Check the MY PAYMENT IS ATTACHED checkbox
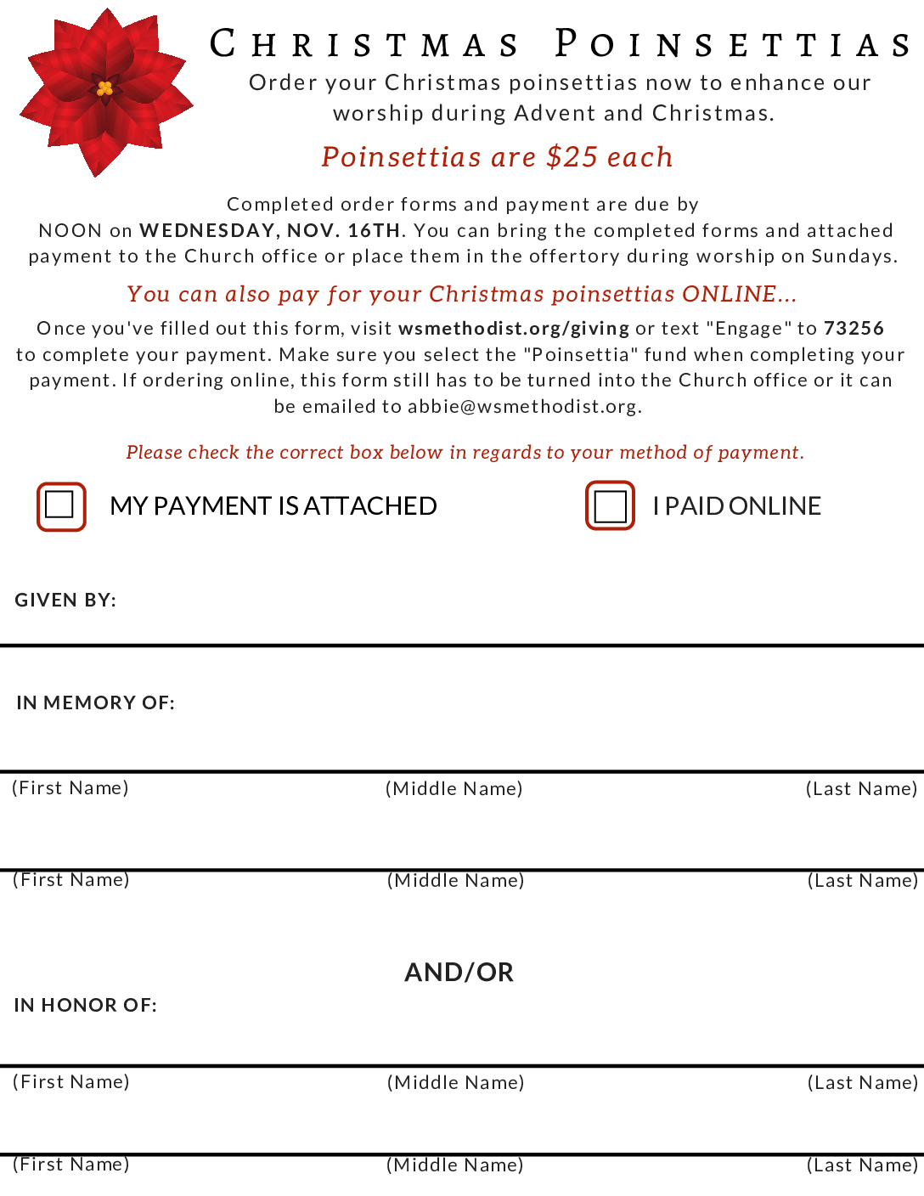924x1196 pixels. coord(60,506)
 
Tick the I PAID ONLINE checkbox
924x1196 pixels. coord(610,506)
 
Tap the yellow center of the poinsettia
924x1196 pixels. coord(104,87)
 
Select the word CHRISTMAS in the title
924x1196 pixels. coord(365,44)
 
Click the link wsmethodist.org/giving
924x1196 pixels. coord(514,328)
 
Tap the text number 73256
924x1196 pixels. coord(854,328)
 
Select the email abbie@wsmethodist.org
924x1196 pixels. coord(522,406)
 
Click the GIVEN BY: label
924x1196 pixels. coord(65,600)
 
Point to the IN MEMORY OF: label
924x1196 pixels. coord(95,702)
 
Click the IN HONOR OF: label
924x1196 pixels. coord(85,1005)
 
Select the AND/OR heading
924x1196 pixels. coord(459,972)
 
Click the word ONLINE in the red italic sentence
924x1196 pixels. coord(729,294)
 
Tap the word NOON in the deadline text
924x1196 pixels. coord(70,230)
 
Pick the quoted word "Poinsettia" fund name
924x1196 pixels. coord(581,354)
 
